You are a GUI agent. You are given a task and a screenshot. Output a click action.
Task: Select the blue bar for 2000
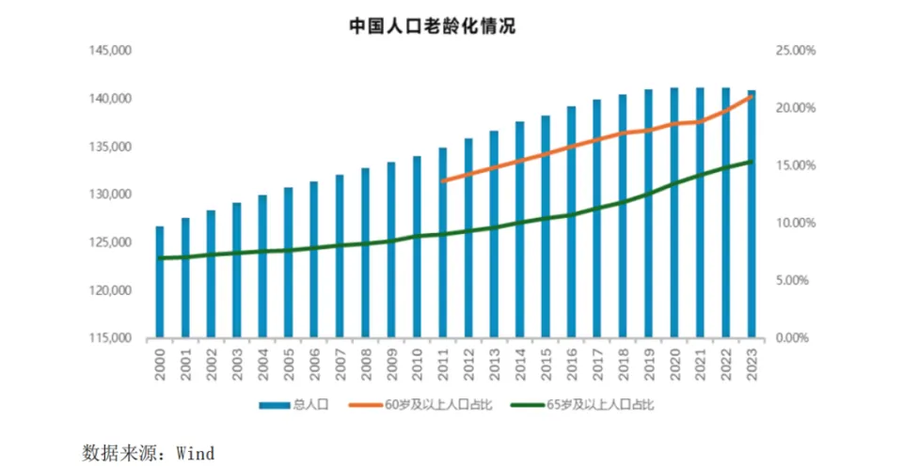pyautogui.click(x=160, y=282)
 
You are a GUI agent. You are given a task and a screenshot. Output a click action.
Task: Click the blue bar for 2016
pyautogui.click(x=571, y=222)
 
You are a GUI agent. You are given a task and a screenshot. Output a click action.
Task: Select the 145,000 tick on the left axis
pyautogui.click(x=112, y=51)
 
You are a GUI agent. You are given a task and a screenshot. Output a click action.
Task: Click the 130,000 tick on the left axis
pyautogui.click(x=112, y=195)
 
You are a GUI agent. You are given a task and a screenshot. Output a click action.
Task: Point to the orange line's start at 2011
pyautogui.click(x=443, y=180)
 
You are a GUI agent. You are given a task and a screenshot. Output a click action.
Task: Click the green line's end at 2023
pyautogui.click(x=752, y=162)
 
